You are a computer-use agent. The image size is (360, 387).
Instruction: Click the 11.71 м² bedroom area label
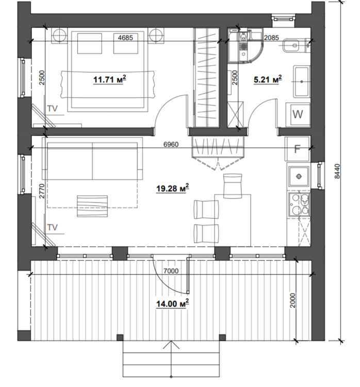(110, 79)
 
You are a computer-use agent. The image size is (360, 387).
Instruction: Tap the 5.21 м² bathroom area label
(268, 79)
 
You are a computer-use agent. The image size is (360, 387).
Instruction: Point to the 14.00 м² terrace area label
(172, 303)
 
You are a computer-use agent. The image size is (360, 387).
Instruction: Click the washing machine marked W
(298, 114)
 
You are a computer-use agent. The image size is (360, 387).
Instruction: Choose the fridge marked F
(297, 149)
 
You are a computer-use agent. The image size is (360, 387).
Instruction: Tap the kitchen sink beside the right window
(299, 176)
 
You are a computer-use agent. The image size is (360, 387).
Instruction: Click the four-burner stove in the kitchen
(299, 205)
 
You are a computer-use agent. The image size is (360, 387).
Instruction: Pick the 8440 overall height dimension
(337, 171)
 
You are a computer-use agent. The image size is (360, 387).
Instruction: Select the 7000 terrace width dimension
(171, 271)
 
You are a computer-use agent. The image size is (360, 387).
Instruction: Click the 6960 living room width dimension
(171, 144)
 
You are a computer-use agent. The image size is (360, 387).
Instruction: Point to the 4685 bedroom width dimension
(125, 38)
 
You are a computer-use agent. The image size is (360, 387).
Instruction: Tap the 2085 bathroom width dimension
(271, 38)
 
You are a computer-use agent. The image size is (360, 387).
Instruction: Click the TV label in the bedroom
(52, 108)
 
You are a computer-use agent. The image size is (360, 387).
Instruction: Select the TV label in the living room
(52, 228)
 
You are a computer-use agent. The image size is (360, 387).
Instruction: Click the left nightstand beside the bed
(59, 36)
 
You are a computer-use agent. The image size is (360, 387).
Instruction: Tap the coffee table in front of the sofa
(92, 206)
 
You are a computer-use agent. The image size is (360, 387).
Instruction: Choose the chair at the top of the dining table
(233, 186)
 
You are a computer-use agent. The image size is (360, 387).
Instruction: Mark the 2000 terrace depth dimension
(292, 300)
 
